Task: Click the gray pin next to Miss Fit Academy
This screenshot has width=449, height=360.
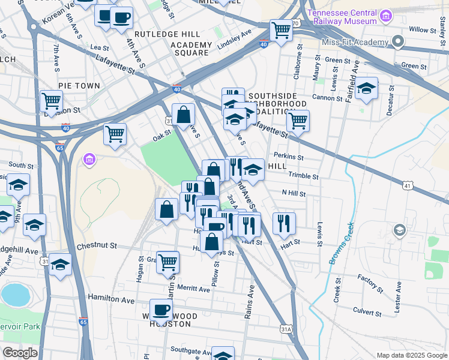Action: pyautogui.click(x=397, y=41)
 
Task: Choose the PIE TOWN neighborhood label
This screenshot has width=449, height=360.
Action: pyautogui.click(x=79, y=86)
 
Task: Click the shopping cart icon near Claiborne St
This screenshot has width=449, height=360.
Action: pyautogui.click(x=298, y=121)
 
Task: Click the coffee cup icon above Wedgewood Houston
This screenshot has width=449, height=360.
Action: pyautogui.click(x=161, y=310)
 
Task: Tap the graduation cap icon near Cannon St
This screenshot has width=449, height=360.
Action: pyautogui.click(x=366, y=89)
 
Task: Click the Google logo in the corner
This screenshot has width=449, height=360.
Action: pyautogui.click(x=20, y=353)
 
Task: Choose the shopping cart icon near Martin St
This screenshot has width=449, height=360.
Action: pyautogui.click(x=167, y=262)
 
